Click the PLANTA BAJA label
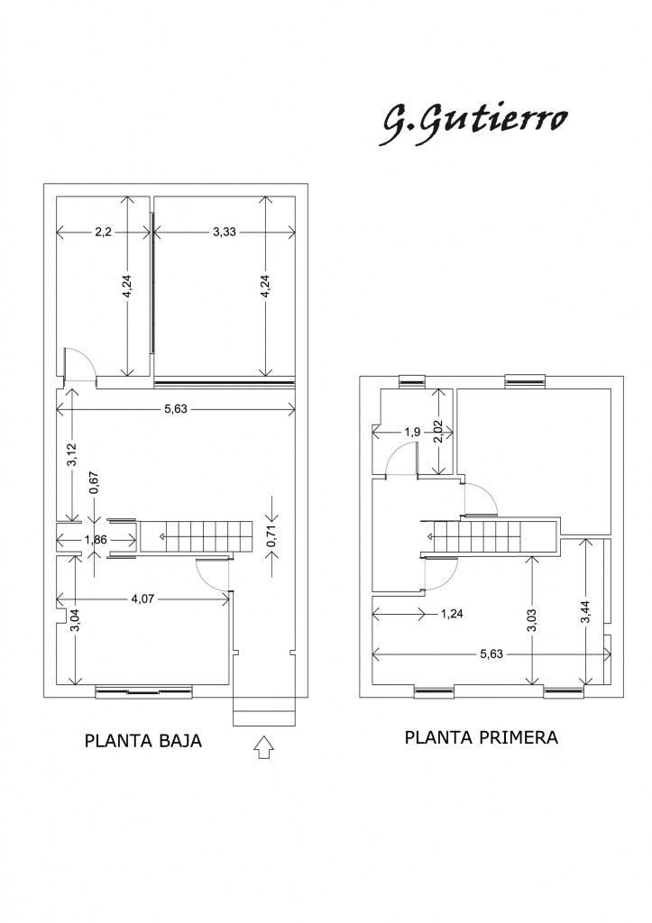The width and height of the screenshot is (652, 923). [142, 742]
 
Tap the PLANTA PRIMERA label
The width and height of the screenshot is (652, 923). [482, 736]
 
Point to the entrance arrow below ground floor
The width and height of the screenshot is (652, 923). [263, 748]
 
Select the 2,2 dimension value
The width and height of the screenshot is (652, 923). [103, 233]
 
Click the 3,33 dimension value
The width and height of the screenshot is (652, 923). [225, 233]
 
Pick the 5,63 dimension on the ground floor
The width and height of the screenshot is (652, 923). [176, 410]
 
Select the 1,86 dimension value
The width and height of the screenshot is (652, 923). [96, 540]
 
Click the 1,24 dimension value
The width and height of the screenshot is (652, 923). [454, 615]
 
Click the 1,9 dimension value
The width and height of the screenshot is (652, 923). [412, 433]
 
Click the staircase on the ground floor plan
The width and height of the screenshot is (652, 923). [198, 538]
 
